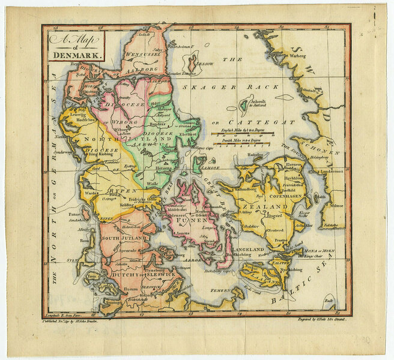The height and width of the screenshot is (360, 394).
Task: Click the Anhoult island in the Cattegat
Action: point(243,107)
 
